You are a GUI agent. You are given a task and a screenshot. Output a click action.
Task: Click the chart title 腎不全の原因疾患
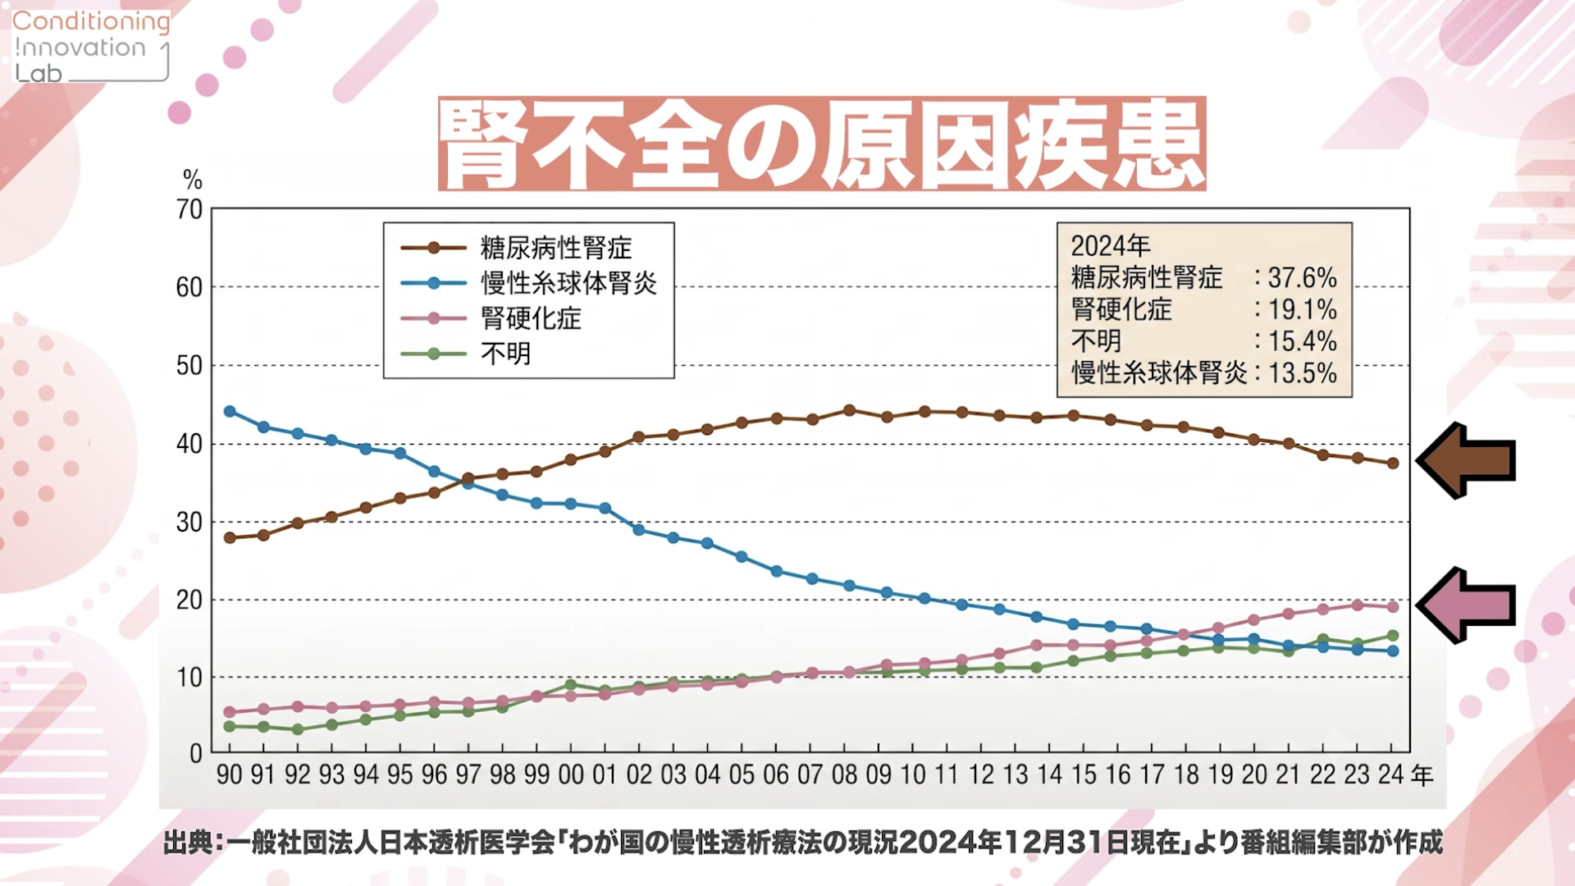coord(822,144)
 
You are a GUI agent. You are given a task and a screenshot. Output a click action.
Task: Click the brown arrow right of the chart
coord(1466,460)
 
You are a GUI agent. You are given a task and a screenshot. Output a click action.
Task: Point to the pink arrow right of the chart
coord(1466,605)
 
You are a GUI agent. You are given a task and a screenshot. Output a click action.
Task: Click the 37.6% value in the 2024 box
coord(1303,278)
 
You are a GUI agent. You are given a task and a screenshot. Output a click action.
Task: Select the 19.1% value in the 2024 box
coord(1303,310)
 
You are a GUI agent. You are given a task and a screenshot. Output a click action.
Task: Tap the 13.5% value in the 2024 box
coord(1303,373)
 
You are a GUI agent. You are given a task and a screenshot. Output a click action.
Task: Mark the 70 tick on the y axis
coord(189,209)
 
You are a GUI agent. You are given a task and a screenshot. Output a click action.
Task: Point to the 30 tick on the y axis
coord(189,522)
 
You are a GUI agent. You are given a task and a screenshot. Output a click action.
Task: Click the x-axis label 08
coord(844,774)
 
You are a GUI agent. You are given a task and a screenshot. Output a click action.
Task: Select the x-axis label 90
coord(229,774)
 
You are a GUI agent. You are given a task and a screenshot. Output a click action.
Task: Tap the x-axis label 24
coord(1391,774)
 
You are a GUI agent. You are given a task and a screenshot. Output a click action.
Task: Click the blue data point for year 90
coord(230,411)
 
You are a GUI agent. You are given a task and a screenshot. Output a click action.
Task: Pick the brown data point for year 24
coord(1393,464)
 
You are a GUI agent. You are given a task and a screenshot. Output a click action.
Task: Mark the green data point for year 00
coord(571,684)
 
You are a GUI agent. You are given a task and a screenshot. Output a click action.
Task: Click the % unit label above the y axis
coord(192,179)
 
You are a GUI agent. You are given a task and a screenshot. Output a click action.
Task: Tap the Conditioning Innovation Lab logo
coord(91,47)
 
